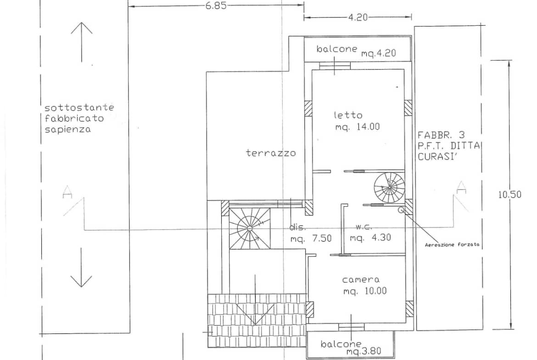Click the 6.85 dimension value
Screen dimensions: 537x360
point(216,6)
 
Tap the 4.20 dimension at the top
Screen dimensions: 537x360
point(358,17)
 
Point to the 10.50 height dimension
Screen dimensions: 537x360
point(509,194)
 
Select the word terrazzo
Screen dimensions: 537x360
point(271,153)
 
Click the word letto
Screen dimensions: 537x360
point(348,115)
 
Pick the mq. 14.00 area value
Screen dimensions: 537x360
point(358,127)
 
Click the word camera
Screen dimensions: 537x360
point(361,280)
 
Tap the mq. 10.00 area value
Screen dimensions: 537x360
point(365,291)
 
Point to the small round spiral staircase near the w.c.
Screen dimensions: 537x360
point(389,188)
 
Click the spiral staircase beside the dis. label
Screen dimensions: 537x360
point(250,228)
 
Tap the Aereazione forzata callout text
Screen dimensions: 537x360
point(452,245)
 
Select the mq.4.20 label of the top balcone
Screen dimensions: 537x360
point(379,53)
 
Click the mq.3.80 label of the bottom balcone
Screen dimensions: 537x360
point(364,351)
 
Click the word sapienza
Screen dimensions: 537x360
point(68,130)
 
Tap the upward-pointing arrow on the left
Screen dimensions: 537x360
point(82,42)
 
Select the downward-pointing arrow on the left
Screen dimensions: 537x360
point(81,268)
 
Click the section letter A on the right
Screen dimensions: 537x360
point(462,187)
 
